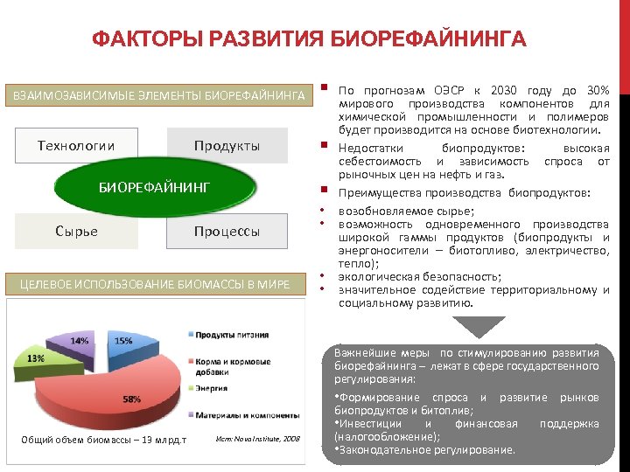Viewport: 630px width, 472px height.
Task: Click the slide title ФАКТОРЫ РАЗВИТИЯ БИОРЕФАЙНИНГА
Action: [x=310, y=40]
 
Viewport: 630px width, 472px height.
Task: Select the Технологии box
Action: [x=76, y=145]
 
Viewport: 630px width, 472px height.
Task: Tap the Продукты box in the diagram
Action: [x=227, y=145]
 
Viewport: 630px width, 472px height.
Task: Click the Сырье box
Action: [x=76, y=231]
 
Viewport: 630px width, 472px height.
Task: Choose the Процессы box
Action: [x=227, y=231]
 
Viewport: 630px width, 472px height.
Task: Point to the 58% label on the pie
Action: [x=131, y=399]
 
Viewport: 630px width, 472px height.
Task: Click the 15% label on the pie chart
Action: [x=124, y=341]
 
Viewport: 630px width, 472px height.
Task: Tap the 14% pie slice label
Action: [x=80, y=340]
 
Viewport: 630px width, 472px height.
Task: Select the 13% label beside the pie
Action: [x=35, y=358]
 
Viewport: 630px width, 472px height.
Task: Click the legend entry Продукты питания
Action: [x=225, y=335]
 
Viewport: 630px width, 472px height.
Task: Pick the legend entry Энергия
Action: [x=212, y=387]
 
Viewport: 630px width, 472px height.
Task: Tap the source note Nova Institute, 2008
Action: [x=255, y=438]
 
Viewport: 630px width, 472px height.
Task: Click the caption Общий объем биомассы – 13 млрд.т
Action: [x=103, y=439]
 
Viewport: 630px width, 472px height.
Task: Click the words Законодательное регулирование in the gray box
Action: [x=428, y=450]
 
